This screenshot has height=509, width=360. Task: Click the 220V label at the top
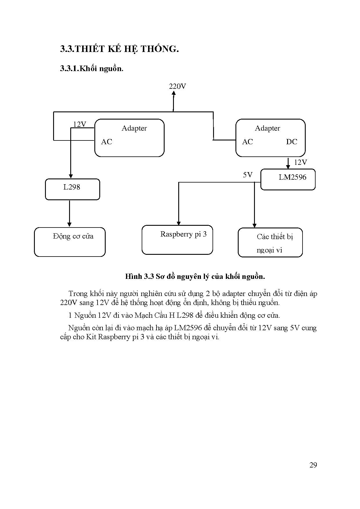(x=177, y=86)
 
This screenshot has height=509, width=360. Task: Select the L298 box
(x=73, y=189)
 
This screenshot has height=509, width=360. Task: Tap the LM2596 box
(x=288, y=179)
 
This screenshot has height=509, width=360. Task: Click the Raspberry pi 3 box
(x=177, y=240)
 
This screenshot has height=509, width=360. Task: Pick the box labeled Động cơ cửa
(x=70, y=242)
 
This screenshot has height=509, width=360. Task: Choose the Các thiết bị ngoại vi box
(x=270, y=242)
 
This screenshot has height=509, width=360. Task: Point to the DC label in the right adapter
(x=291, y=142)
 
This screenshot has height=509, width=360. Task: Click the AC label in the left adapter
(x=107, y=142)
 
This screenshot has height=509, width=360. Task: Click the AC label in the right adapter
(x=248, y=142)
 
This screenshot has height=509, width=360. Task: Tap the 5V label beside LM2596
(x=248, y=175)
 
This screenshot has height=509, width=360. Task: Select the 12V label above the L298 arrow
(x=80, y=124)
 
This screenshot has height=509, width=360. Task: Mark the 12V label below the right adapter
(x=300, y=163)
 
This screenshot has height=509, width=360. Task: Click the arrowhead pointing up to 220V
(x=174, y=93)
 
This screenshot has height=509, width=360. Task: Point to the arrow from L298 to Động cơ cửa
(x=69, y=213)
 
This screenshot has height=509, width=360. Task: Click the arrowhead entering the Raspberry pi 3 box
(x=179, y=223)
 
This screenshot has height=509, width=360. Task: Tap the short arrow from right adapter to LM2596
(x=288, y=163)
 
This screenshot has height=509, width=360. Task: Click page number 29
(x=313, y=465)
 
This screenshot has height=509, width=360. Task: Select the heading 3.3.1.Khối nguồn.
(x=92, y=69)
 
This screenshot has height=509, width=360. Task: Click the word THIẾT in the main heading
(x=90, y=49)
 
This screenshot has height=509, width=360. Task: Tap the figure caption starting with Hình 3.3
(x=195, y=276)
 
